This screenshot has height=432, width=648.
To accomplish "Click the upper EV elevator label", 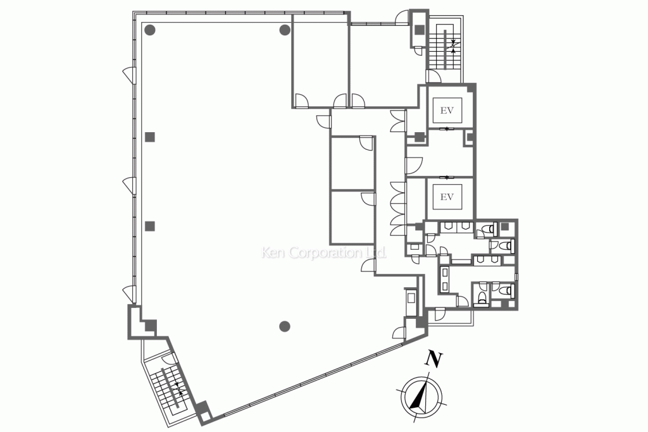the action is tap(447, 110).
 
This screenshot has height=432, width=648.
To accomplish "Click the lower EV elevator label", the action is tap(447, 197).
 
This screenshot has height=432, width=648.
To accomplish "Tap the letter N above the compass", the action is tap(433, 359).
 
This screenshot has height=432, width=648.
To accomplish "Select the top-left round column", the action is tap(150, 30).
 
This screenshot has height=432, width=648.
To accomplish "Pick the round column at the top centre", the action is tap(285, 30).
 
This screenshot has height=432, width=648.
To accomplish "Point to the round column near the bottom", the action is tap(284, 326).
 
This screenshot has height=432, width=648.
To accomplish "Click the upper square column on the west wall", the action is tap(150, 137).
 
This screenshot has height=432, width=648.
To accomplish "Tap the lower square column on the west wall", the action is tap(150, 226).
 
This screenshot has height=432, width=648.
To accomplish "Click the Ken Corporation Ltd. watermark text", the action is tap(324, 252).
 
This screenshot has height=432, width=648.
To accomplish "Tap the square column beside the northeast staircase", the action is tap(420, 30).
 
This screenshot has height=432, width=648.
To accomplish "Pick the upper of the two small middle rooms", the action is tap(352, 163).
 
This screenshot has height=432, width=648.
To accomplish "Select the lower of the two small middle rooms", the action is tap(352, 217).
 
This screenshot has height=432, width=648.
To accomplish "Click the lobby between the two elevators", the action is tap(440, 154).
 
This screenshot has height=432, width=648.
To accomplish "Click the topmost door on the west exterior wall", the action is tap(129, 75).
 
